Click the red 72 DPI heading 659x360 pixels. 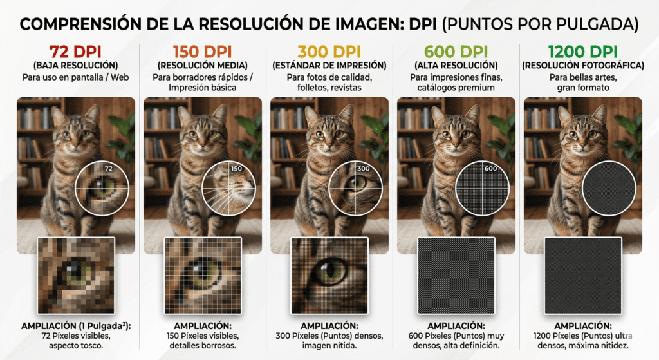[x=76, y=52]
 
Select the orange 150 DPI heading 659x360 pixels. [x=203, y=52]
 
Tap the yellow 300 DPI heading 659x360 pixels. [x=329, y=52]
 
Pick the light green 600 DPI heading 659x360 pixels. [x=456, y=52]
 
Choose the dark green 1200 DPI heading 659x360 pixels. [x=583, y=52]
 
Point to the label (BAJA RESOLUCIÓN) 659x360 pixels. [x=76, y=66]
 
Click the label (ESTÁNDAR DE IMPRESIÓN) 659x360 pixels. [x=329, y=66]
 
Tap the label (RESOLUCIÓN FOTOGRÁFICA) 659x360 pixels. [x=583, y=66]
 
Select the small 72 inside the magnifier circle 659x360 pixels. [x=108, y=169]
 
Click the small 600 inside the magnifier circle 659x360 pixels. [x=490, y=169]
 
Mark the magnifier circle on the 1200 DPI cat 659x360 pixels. [x=609, y=162]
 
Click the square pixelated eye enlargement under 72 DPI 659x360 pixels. [x=76, y=276]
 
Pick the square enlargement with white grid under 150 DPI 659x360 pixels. [x=203, y=276]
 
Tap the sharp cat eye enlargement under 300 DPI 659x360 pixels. [x=329, y=276]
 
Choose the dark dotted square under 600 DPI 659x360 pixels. [x=456, y=276]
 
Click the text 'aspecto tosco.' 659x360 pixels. [x=76, y=346]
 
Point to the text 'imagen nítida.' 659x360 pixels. [x=329, y=346]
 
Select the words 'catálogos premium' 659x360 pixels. [x=456, y=88]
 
